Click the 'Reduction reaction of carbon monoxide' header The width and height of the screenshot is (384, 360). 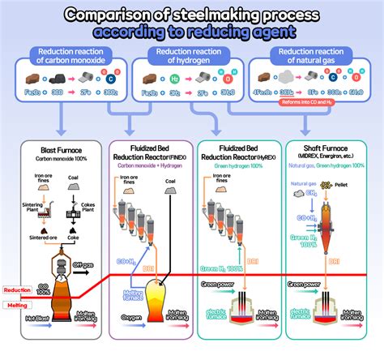click(68, 56)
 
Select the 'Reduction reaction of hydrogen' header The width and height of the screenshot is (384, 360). click(189, 56)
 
